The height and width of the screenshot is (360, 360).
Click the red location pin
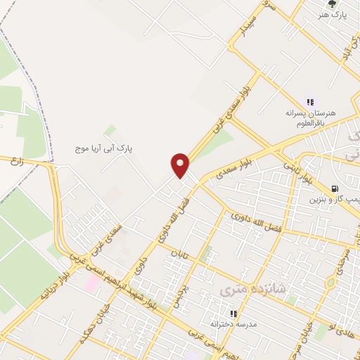click(181, 165)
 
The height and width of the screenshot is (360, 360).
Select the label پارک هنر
click(333, 15)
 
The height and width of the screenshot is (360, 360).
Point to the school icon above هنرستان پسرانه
click(310, 103)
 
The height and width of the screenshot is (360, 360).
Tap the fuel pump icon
click(335, 188)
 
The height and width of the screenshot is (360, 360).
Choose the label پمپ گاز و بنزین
click(334, 200)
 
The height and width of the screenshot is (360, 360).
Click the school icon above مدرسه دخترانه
click(233, 314)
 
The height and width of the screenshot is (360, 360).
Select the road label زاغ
click(15, 162)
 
